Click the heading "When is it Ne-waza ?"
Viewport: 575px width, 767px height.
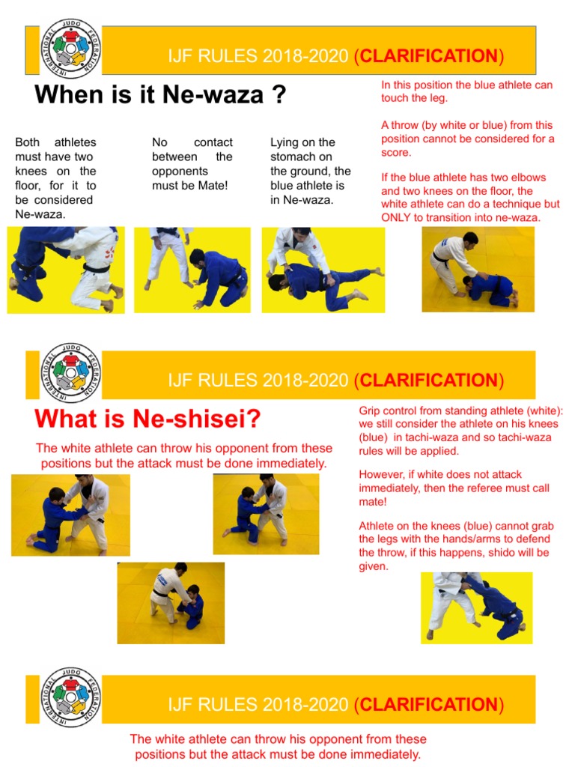pyautogui.click(x=160, y=95)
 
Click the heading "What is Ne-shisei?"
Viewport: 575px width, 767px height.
pyautogui.click(x=147, y=419)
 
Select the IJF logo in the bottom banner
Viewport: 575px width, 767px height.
pyautogui.click(x=71, y=698)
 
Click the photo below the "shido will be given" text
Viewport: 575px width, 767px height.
pyautogui.click(x=476, y=607)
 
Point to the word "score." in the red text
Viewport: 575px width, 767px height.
pyautogui.click(x=396, y=152)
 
